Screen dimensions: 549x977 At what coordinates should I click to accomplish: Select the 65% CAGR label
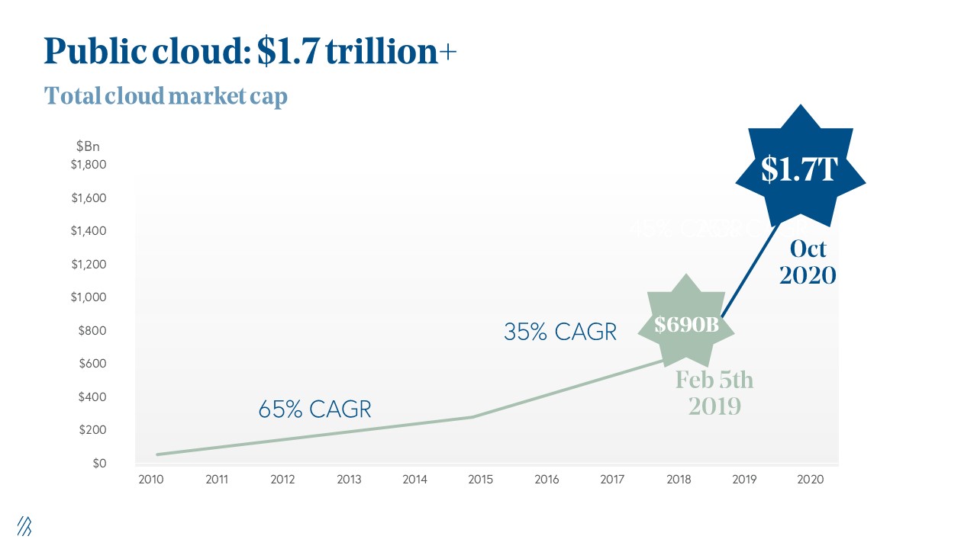[314, 409]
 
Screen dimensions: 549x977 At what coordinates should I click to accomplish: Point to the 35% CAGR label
[559, 332]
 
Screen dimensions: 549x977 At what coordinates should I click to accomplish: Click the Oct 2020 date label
[808, 262]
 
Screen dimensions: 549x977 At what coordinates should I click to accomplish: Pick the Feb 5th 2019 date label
[714, 393]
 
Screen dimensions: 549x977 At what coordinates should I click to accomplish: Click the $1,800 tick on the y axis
[89, 165]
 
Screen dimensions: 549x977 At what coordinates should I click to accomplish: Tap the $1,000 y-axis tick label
[89, 297]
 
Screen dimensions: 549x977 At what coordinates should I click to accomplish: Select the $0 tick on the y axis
[99, 464]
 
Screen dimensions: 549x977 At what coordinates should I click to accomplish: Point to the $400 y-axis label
[92, 397]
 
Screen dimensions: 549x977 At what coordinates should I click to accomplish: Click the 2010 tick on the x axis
[151, 480]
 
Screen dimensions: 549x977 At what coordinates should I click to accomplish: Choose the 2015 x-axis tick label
[481, 480]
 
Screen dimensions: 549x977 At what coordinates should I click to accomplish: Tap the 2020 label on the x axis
[810, 480]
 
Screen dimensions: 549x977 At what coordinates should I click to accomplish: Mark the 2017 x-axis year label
[612, 480]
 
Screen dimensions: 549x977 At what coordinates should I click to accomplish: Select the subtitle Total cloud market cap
[166, 97]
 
